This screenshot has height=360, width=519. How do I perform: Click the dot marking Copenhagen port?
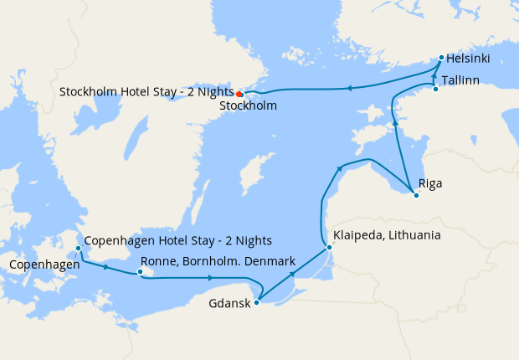pyautogui.click(x=78, y=249)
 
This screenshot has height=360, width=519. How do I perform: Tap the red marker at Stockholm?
pyautogui.click(x=239, y=94)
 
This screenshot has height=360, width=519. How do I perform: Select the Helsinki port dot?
pyautogui.click(x=441, y=58)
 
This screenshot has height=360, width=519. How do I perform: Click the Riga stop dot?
pyautogui.click(x=416, y=195)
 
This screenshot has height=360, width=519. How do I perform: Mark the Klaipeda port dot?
pyautogui.click(x=329, y=247)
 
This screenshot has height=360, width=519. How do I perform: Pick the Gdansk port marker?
pyautogui.click(x=256, y=303)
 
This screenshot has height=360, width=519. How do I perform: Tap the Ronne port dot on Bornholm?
pyautogui.click(x=141, y=271)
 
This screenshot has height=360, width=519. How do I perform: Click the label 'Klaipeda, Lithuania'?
pyautogui.click(x=387, y=235)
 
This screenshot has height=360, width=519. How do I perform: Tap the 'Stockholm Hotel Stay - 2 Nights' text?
pyautogui.click(x=146, y=90)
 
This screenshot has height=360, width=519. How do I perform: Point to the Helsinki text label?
pyautogui.click(x=468, y=59)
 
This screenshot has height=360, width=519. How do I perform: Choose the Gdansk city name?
pyautogui.click(x=229, y=303)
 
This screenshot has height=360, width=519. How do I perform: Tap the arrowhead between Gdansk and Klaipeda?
pyautogui.click(x=292, y=274)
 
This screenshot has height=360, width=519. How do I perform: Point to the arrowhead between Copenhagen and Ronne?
pyautogui.click(x=106, y=268)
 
